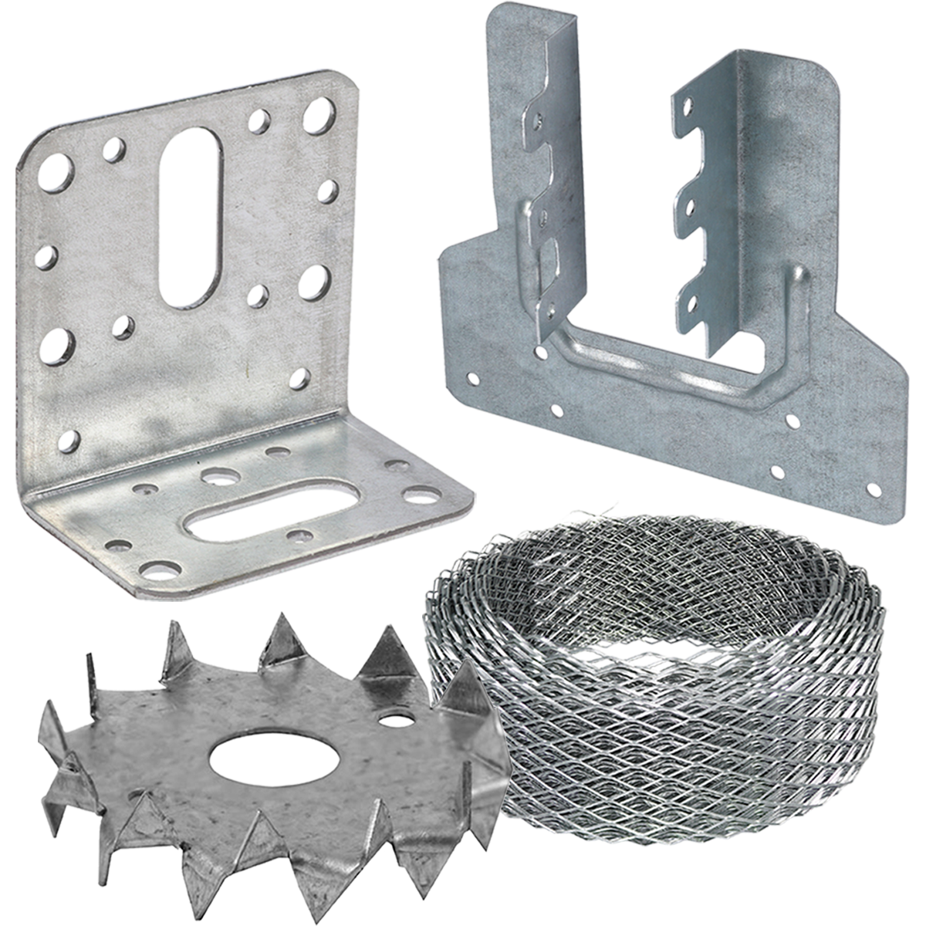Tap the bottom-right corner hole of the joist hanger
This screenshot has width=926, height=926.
coord(874,488)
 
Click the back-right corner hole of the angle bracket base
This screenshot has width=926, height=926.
coord(397,465)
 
